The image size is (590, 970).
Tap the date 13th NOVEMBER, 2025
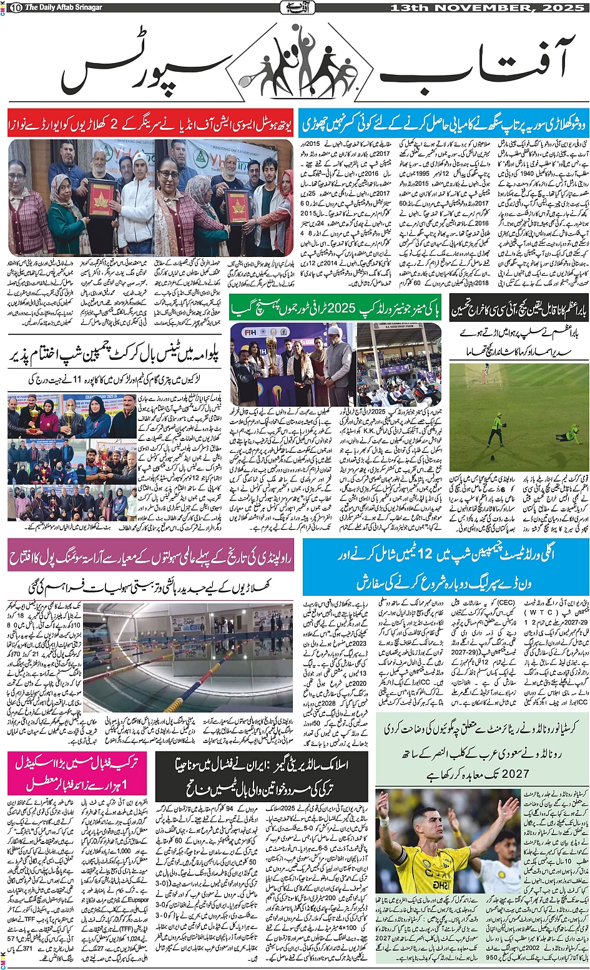(487, 7)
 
